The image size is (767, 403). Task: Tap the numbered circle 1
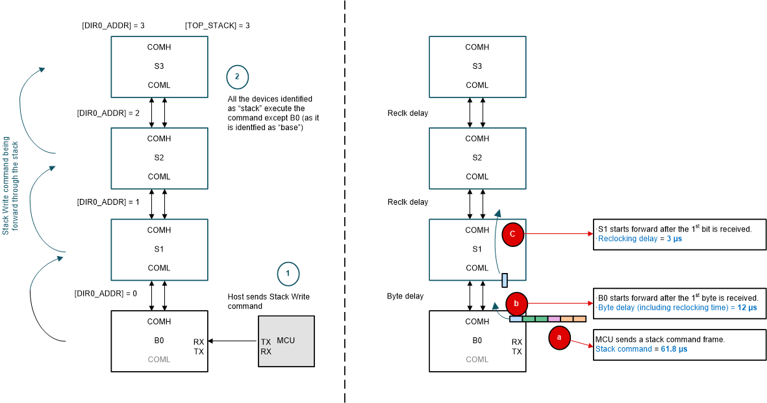tap(288, 274)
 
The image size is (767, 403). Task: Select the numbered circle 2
tap(237, 77)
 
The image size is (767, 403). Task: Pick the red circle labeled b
tap(516, 302)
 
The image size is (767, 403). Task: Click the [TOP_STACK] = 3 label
tap(217, 25)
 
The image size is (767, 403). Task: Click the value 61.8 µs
tap(676, 349)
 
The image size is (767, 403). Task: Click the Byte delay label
tap(405, 296)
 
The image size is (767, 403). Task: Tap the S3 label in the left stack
tap(159, 66)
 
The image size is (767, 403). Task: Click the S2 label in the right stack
tap(477, 157)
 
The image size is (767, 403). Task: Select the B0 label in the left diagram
tap(159, 340)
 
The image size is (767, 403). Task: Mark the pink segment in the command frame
tap(553, 318)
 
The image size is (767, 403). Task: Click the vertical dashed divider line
tap(344, 201)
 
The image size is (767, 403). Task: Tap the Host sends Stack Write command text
tap(268, 301)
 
